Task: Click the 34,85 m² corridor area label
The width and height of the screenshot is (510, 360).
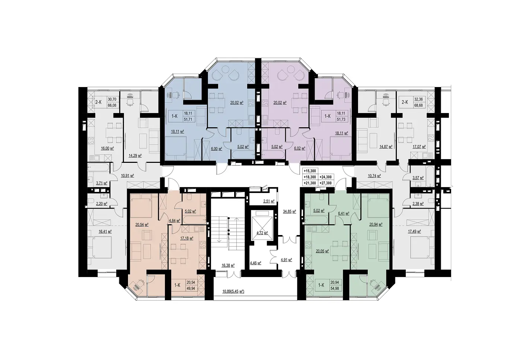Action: [x=289, y=212]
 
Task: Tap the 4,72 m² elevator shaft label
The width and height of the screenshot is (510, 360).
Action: [x=261, y=233]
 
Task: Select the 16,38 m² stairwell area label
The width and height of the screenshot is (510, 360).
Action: [x=228, y=265]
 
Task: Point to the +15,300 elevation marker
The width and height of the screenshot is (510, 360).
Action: [x=310, y=171]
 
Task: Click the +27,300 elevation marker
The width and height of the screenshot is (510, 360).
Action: [x=326, y=183]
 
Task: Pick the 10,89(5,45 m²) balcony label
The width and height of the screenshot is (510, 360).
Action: [x=233, y=291]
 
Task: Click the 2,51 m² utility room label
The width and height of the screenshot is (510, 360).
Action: [x=269, y=201]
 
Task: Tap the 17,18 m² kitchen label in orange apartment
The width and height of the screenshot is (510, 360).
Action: [x=187, y=238]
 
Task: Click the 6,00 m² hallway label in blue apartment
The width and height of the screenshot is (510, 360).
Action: [x=217, y=149]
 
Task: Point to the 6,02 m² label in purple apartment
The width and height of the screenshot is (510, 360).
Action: [x=300, y=148]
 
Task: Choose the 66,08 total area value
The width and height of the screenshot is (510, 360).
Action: [x=112, y=106]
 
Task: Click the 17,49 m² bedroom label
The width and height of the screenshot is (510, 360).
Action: [x=414, y=231]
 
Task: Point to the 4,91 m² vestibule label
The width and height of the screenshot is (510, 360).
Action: [x=286, y=260]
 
